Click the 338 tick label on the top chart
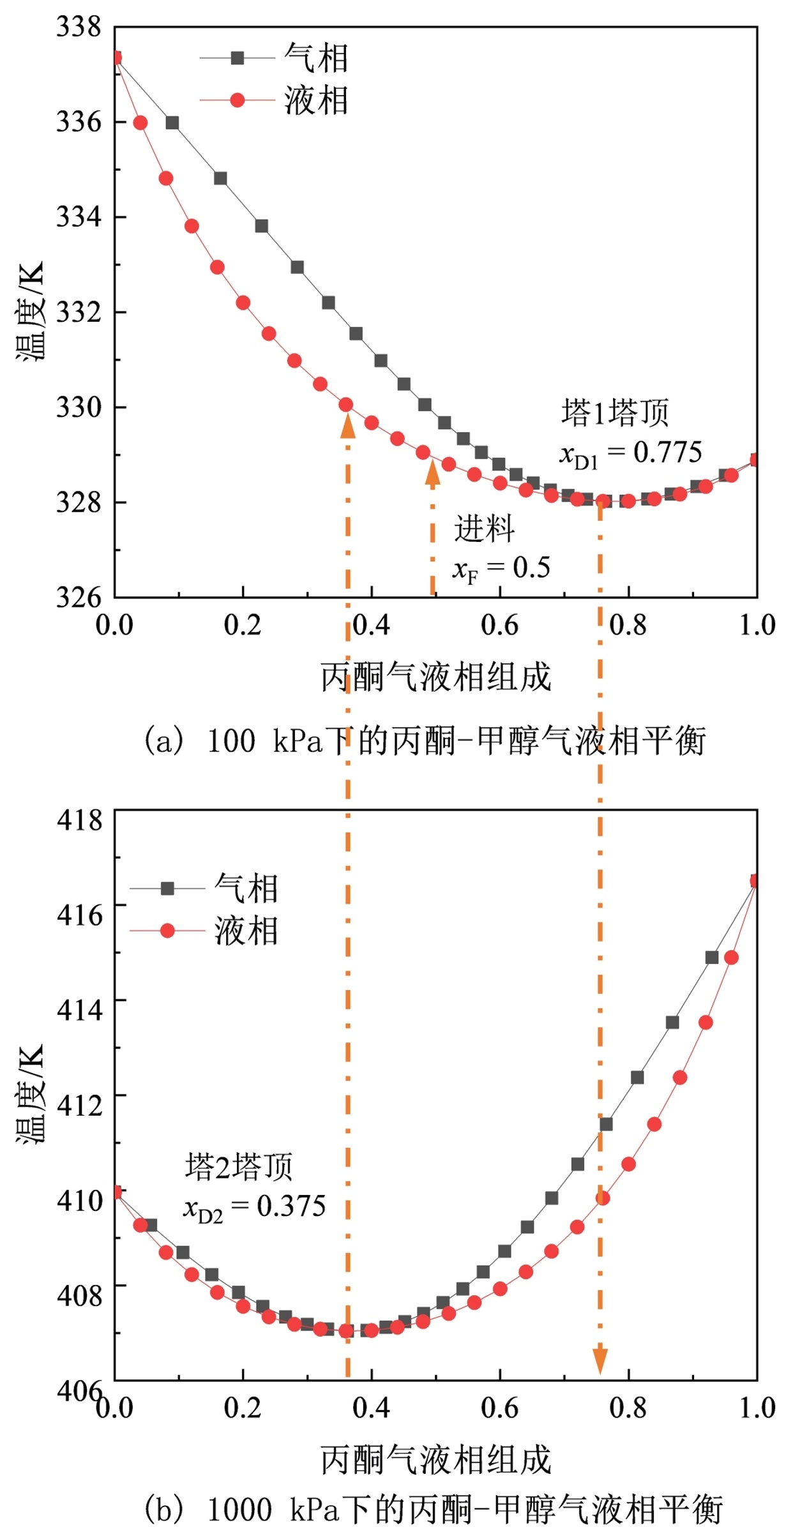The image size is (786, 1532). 79,27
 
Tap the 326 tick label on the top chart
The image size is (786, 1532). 79,597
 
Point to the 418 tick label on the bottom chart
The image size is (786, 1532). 79,820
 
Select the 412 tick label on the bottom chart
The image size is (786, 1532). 79,1105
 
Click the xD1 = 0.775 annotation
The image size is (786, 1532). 630,454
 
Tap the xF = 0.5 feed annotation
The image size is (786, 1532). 501,568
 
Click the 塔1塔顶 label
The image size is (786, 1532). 615,413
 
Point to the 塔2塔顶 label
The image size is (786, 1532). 239,1166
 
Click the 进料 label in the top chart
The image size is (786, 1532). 484,529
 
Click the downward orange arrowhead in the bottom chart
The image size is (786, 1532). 600,1359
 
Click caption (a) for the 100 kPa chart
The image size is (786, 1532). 424,741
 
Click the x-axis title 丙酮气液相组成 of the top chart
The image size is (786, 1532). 435,677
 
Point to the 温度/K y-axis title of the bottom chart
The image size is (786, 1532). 31,1094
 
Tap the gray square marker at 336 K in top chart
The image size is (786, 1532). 172,123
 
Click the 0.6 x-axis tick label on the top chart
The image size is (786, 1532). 499,626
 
